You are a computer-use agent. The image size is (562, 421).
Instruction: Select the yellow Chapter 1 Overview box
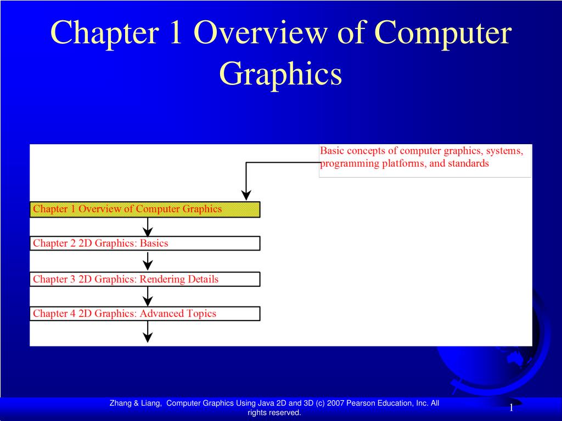144,209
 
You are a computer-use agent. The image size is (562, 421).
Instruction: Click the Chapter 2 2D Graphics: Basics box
144,243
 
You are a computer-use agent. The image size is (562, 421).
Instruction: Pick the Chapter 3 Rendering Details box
144,279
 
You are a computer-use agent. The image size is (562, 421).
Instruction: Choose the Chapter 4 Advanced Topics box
144,314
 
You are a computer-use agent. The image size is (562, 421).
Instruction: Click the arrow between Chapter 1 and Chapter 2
147,226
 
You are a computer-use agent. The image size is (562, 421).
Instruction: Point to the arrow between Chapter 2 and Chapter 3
147,261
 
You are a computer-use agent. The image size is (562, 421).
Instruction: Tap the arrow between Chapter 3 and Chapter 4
147,296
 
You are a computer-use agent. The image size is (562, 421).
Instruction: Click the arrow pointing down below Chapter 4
147,332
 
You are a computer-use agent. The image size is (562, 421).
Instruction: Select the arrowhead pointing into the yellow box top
246,195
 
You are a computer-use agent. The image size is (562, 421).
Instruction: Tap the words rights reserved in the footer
274,413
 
